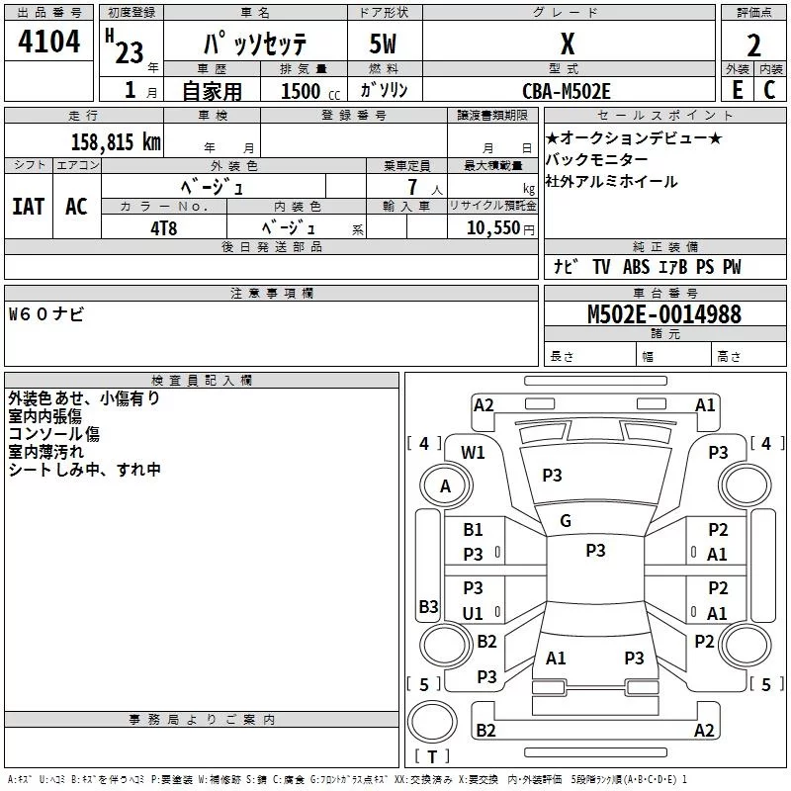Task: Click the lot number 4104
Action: [48, 41]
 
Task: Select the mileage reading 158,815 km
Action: [116, 141]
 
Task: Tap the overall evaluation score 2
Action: [753, 45]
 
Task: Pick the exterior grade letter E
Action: [738, 90]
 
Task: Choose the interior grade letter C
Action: [769, 90]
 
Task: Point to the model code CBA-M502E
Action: [567, 91]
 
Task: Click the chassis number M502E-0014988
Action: [664, 314]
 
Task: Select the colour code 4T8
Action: [164, 228]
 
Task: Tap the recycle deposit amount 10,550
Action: [493, 228]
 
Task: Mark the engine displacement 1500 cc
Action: [310, 91]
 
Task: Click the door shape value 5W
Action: [383, 44]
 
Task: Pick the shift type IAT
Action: [29, 207]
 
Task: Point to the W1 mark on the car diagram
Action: [473, 452]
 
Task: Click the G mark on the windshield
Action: [566, 521]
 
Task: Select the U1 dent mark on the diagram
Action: [473, 613]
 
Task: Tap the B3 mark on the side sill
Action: [429, 606]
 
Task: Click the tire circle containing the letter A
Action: [446, 485]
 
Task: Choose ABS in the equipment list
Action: [636, 267]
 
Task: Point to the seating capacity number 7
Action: [412, 187]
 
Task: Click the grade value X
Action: [568, 44]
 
